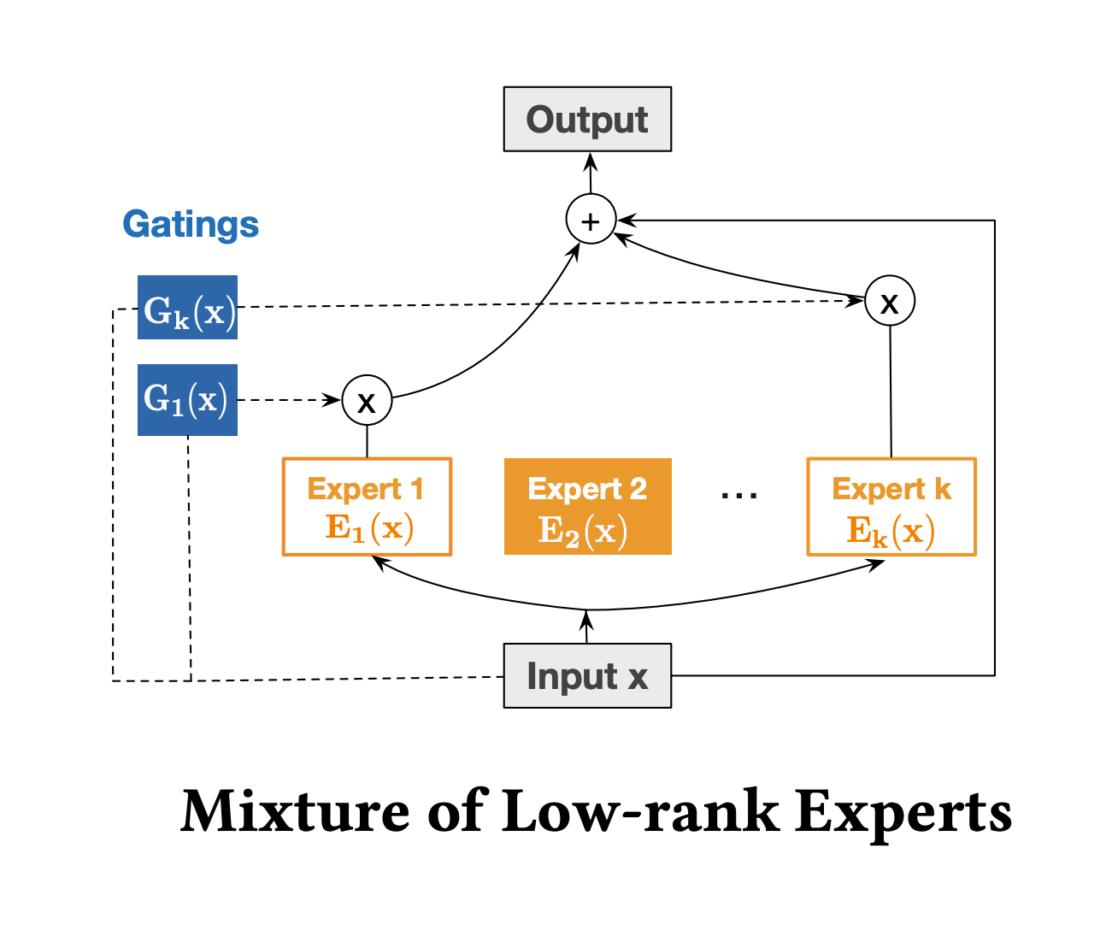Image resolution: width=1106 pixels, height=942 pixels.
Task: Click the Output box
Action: (x=587, y=119)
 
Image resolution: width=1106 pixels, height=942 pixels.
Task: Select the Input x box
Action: (x=587, y=675)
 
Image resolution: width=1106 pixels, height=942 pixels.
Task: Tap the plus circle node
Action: (x=591, y=219)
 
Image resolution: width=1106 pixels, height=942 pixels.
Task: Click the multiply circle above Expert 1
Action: (x=367, y=400)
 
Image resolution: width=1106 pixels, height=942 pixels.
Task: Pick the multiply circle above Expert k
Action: (x=890, y=301)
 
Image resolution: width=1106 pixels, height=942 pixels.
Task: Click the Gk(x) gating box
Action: (x=187, y=307)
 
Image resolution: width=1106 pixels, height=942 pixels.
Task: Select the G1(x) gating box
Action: (x=187, y=400)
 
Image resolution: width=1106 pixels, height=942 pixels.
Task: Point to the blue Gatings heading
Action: (x=191, y=224)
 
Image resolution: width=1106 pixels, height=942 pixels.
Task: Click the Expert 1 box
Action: (x=367, y=507)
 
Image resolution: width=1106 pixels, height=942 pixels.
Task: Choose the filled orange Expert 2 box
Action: (x=587, y=506)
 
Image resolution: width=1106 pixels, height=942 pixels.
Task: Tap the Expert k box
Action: (x=891, y=507)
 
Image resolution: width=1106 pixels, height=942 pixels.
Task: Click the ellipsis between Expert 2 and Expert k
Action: (x=739, y=495)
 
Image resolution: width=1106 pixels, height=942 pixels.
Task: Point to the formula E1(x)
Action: (x=370, y=528)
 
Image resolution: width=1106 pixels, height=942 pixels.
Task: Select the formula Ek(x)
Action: (x=891, y=532)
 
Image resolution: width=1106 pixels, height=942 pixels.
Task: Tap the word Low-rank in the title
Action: (x=640, y=811)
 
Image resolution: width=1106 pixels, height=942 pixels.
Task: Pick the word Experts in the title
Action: (x=903, y=815)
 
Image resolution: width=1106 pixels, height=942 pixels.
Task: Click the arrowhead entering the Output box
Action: (x=591, y=162)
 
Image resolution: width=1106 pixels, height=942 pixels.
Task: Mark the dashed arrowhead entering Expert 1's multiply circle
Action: (x=332, y=400)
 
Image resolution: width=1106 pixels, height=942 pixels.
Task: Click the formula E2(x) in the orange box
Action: (x=583, y=532)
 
